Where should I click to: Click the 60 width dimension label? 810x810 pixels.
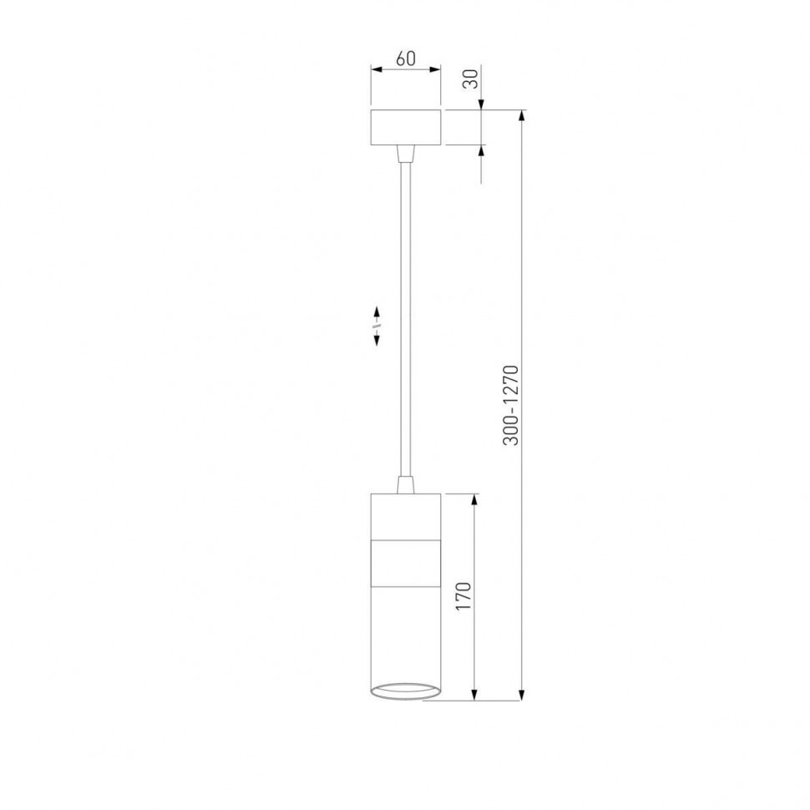(x=406, y=59)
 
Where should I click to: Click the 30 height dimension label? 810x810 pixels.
(x=471, y=79)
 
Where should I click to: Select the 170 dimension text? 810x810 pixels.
(x=463, y=596)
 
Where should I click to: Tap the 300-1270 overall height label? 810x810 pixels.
(x=511, y=405)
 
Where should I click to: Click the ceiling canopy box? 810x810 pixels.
(x=406, y=127)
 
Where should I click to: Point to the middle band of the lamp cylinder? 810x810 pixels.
(x=406, y=564)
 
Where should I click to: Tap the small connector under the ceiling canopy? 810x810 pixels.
(x=406, y=154)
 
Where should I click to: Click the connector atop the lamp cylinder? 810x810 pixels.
(x=406, y=484)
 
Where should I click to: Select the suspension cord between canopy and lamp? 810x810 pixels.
(x=406, y=319)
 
